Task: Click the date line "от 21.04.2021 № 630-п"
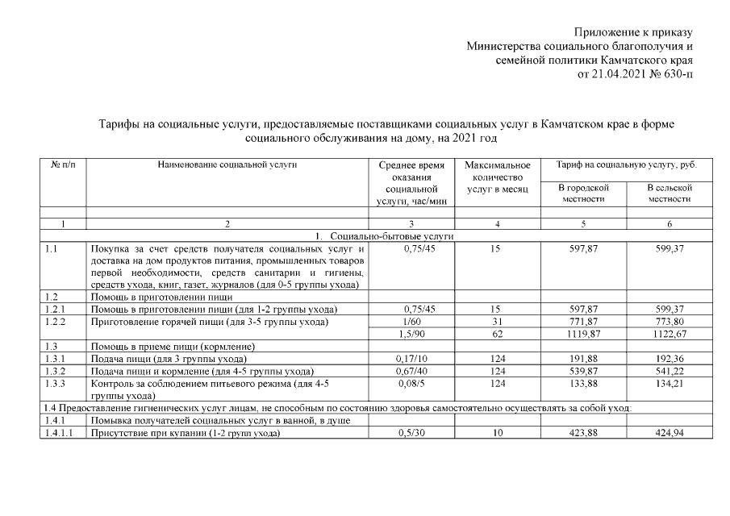635,74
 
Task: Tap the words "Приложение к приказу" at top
633,32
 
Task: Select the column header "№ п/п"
63,164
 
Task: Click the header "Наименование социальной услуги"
227,164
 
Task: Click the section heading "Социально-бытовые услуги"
390,235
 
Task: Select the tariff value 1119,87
583,334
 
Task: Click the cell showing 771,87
583,322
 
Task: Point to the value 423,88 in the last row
583,434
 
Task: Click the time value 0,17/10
411,359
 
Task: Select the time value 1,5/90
411,334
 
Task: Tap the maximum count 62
495,334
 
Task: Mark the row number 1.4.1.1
60,434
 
